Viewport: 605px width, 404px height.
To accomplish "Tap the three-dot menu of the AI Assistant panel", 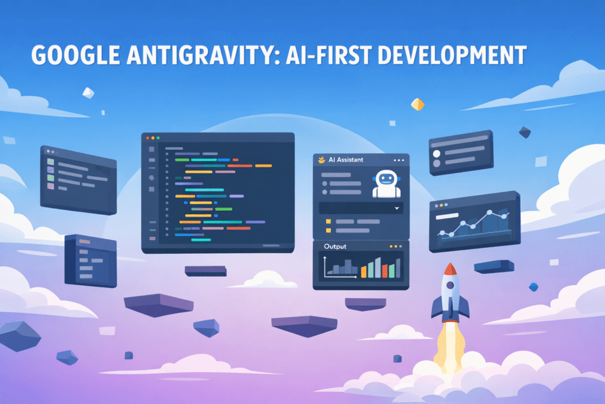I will pyautogui.click(x=400, y=160).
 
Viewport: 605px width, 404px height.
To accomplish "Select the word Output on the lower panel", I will pyautogui.click(x=335, y=246).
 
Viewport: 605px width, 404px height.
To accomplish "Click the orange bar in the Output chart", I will pyautogui.click(x=363, y=271).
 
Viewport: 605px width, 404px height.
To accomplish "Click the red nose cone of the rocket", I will pyautogui.click(x=450, y=269).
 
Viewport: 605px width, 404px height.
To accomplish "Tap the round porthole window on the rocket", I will pyautogui.click(x=450, y=286).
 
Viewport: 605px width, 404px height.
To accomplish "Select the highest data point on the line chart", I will pyautogui.click(x=490, y=212).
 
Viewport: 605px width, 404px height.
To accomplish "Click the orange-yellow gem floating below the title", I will pyautogui.click(x=417, y=104).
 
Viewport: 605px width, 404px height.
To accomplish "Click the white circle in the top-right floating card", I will pyautogui.click(x=437, y=154).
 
